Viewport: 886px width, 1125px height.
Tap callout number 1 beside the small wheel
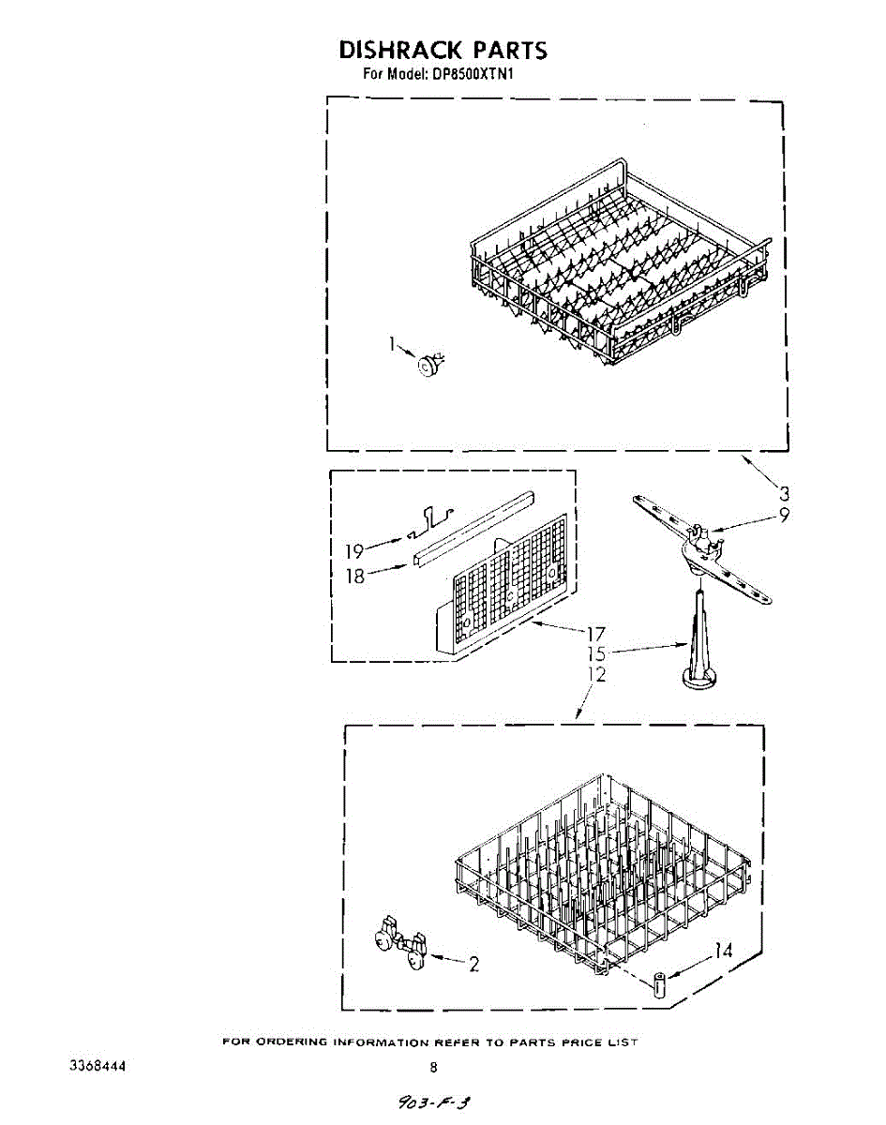coord(393,344)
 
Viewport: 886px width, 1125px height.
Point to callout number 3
coord(784,493)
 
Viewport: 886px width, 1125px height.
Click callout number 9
coord(784,514)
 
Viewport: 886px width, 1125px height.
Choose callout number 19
coord(353,552)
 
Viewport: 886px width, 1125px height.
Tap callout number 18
coord(354,577)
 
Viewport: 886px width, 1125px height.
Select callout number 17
coord(594,634)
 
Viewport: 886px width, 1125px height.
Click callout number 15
coord(596,653)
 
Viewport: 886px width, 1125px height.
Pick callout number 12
coord(596,674)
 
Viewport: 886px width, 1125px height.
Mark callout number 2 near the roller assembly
coord(473,964)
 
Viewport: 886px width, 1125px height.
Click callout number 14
coord(723,951)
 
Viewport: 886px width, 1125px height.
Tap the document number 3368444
coord(98,1067)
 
